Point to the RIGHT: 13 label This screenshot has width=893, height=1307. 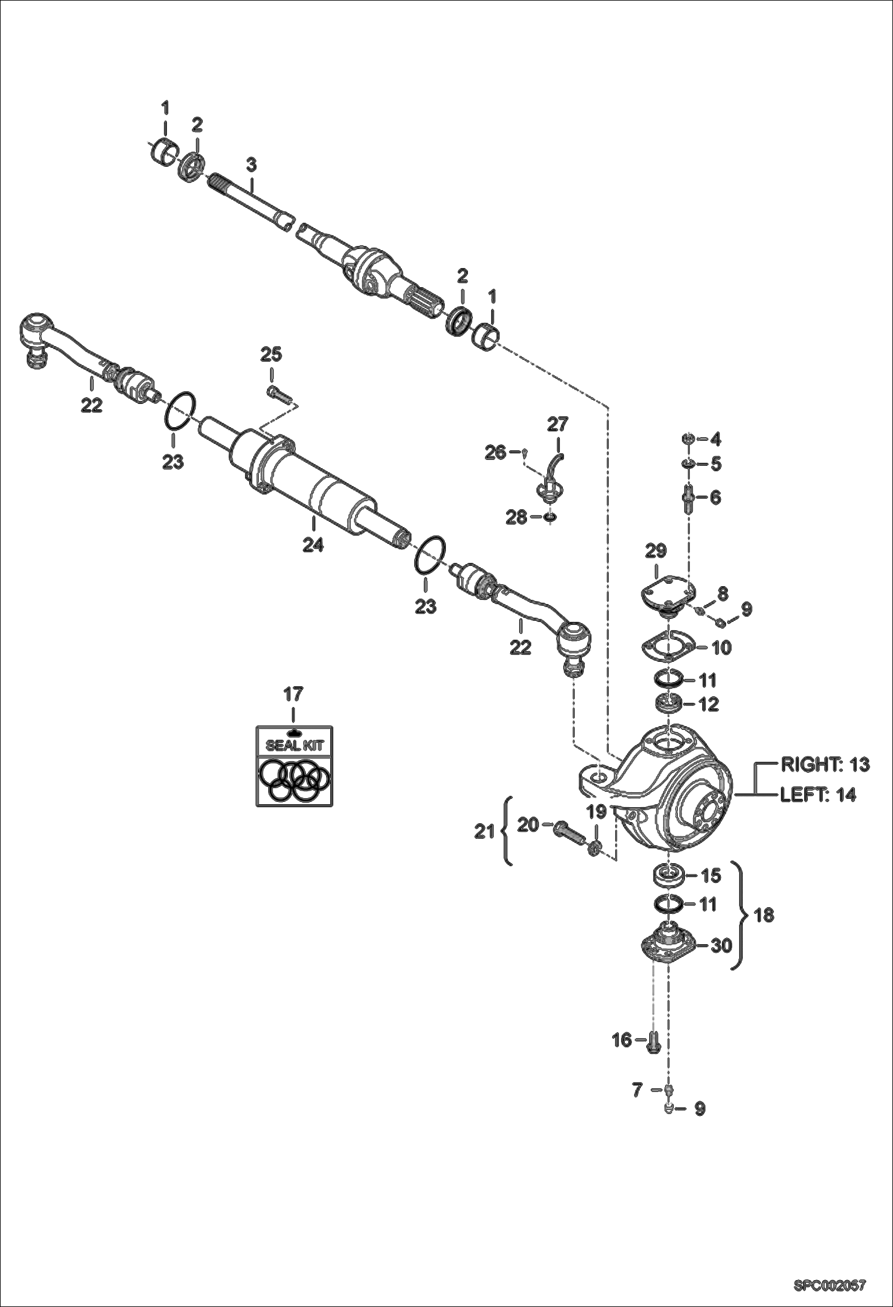(825, 765)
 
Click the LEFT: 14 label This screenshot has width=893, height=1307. (818, 795)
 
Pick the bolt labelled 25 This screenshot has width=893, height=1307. (277, 391)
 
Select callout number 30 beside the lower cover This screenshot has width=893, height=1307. (721, 945)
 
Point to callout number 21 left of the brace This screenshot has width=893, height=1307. (485, 831)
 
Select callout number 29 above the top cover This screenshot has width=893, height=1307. (655, 550)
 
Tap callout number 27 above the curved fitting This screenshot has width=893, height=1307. (558, 424)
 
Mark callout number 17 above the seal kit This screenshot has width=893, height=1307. (293, 694)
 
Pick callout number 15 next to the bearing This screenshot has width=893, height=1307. (711, 876)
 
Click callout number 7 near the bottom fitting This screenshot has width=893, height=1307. (637, 1090)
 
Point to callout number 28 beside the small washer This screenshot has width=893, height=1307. (516, 518)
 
